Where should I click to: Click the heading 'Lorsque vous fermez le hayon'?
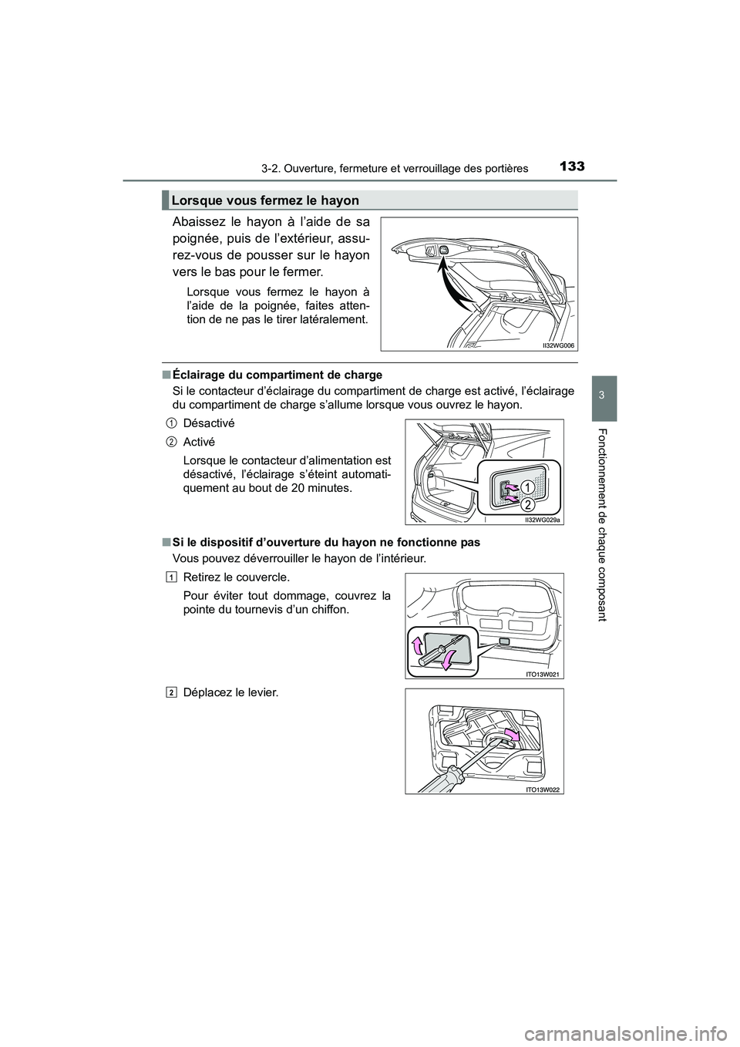(x=266, y=200)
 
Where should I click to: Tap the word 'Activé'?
(x=199, y=442)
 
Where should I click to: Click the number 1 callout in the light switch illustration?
(x=526, y=486)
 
